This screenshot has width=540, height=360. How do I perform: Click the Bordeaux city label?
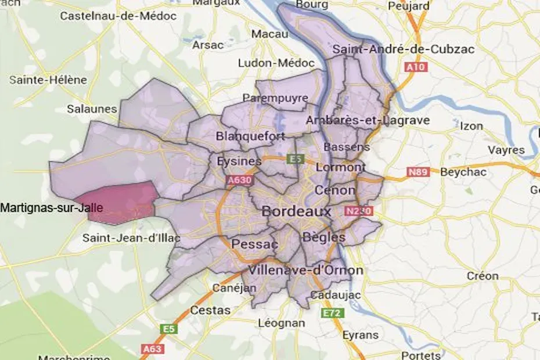(296, 211)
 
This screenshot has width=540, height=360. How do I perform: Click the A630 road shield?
(239, 182)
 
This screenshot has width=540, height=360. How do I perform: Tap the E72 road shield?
(333, 313)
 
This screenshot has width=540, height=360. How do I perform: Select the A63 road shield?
(152, 350)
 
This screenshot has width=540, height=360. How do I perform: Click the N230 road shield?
(357, 211)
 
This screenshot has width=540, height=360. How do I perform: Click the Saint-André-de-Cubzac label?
(403, 49)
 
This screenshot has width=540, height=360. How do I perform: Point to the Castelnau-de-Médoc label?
(118, 16)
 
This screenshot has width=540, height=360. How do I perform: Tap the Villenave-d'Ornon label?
(305, 271)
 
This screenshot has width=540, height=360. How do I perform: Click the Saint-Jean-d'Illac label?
(131, 238)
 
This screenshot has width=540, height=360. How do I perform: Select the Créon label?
(483, 276)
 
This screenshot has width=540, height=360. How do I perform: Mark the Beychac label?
(463, 172)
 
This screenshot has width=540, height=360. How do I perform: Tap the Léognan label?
(281, 323)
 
